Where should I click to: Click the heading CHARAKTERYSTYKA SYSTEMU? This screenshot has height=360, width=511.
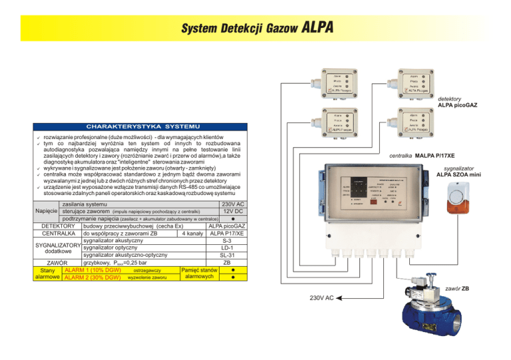142,126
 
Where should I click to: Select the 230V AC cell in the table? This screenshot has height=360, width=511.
233,204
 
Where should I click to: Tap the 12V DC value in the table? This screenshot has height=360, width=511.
233,211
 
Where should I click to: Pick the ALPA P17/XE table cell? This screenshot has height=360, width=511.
226,234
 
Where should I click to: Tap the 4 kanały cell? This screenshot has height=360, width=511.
191,234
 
